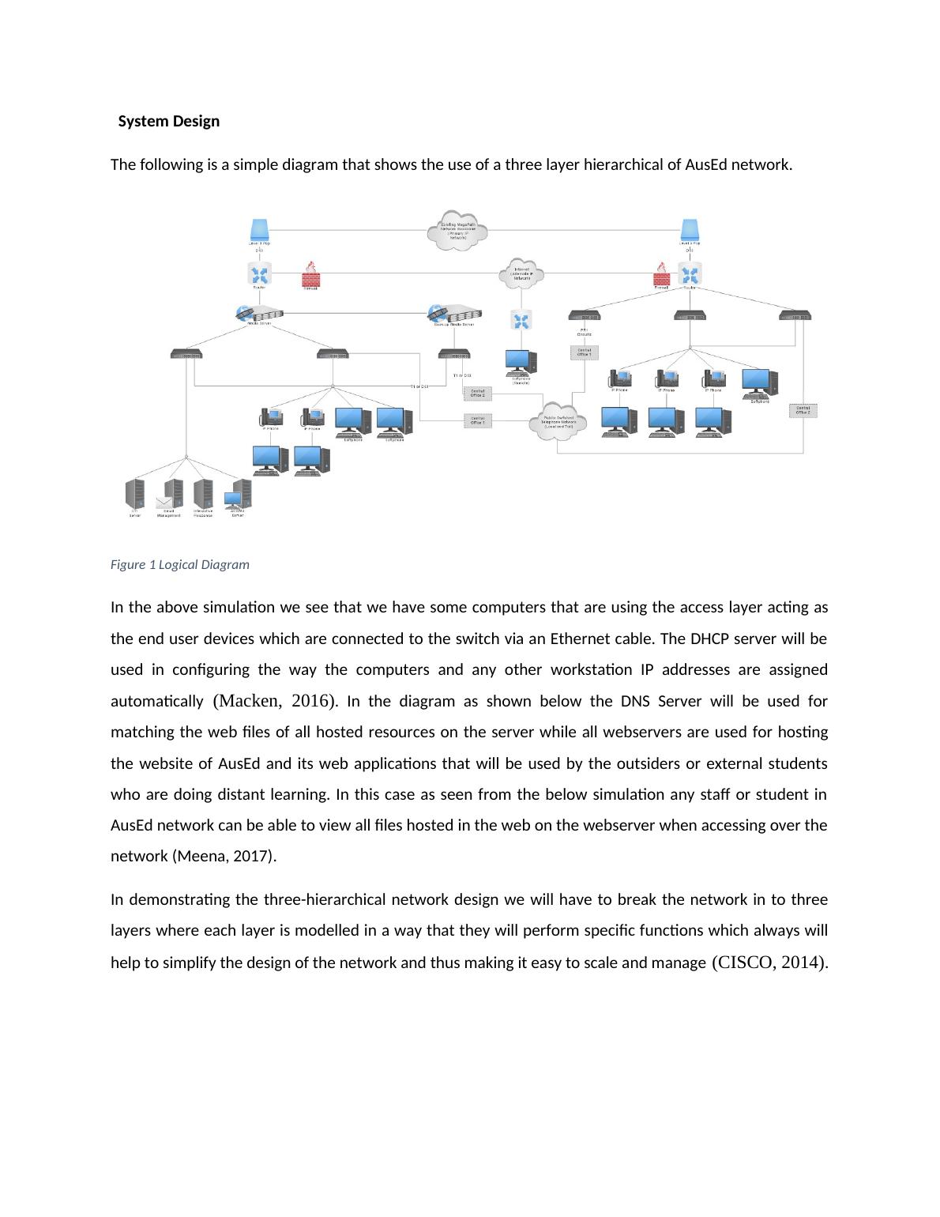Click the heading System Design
pyautogui.click(x=168, y=122)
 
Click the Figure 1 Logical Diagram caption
pyautogui.click(x=179, y=564)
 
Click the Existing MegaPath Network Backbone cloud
pyautogui.click(x=457, y=229)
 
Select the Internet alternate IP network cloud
pyautogui.click(x=521, y=274)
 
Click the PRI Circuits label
pyautogui.click(x=585, y=332)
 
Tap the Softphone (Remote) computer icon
pyautogui.click(x=521, y=362)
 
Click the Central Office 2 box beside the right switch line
pyautogui.click(x=803, y=411)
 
